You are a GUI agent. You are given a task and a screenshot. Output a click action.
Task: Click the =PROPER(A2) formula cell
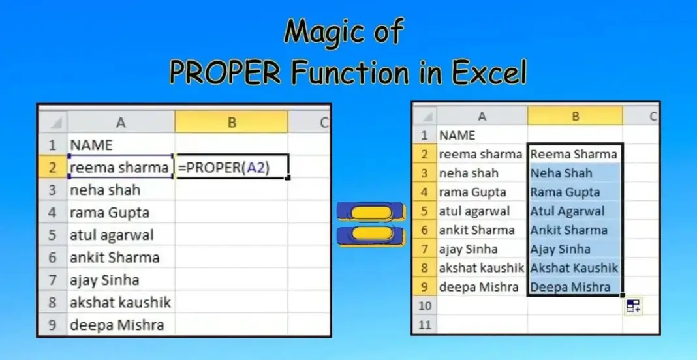(x=231, y=168)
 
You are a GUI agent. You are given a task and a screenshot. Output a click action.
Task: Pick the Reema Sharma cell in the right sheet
(x=574, y=155)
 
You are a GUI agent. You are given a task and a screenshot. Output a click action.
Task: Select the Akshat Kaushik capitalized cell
(x=574, y=268)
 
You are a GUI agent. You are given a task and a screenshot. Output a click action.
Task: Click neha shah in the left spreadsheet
(x=104, y=190)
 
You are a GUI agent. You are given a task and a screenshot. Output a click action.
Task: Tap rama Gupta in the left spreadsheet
(x=109, y=213)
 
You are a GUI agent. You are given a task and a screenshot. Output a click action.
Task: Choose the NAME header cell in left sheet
(x=91, y=145)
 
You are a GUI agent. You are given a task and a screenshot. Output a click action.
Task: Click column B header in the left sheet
(x=231, y=121)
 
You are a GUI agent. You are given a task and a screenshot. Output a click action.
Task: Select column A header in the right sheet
(x=482, y=116)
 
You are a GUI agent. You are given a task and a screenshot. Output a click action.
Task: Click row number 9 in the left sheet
(x=53, y=325)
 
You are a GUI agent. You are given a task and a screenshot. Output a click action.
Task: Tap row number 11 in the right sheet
(x=424, y=324)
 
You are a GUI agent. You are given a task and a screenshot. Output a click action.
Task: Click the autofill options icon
(x=633, y=307)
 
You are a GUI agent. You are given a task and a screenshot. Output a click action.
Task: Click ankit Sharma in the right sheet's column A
(x=477, y=230)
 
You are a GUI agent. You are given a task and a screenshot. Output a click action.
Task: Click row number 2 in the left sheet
(x=53, y=168)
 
